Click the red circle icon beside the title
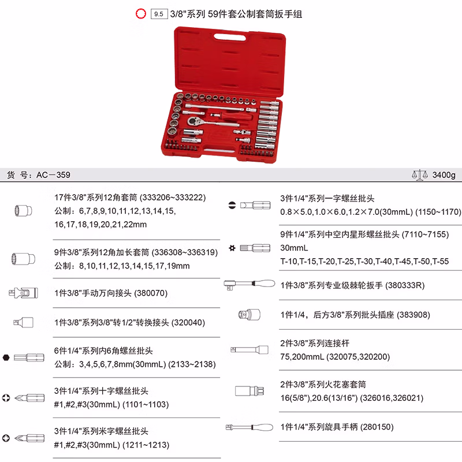(x=139, y=14)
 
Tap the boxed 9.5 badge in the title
(x=158, y=14)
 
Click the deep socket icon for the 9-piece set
(x=21, y=258)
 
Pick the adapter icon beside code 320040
(x=24, y=322)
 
